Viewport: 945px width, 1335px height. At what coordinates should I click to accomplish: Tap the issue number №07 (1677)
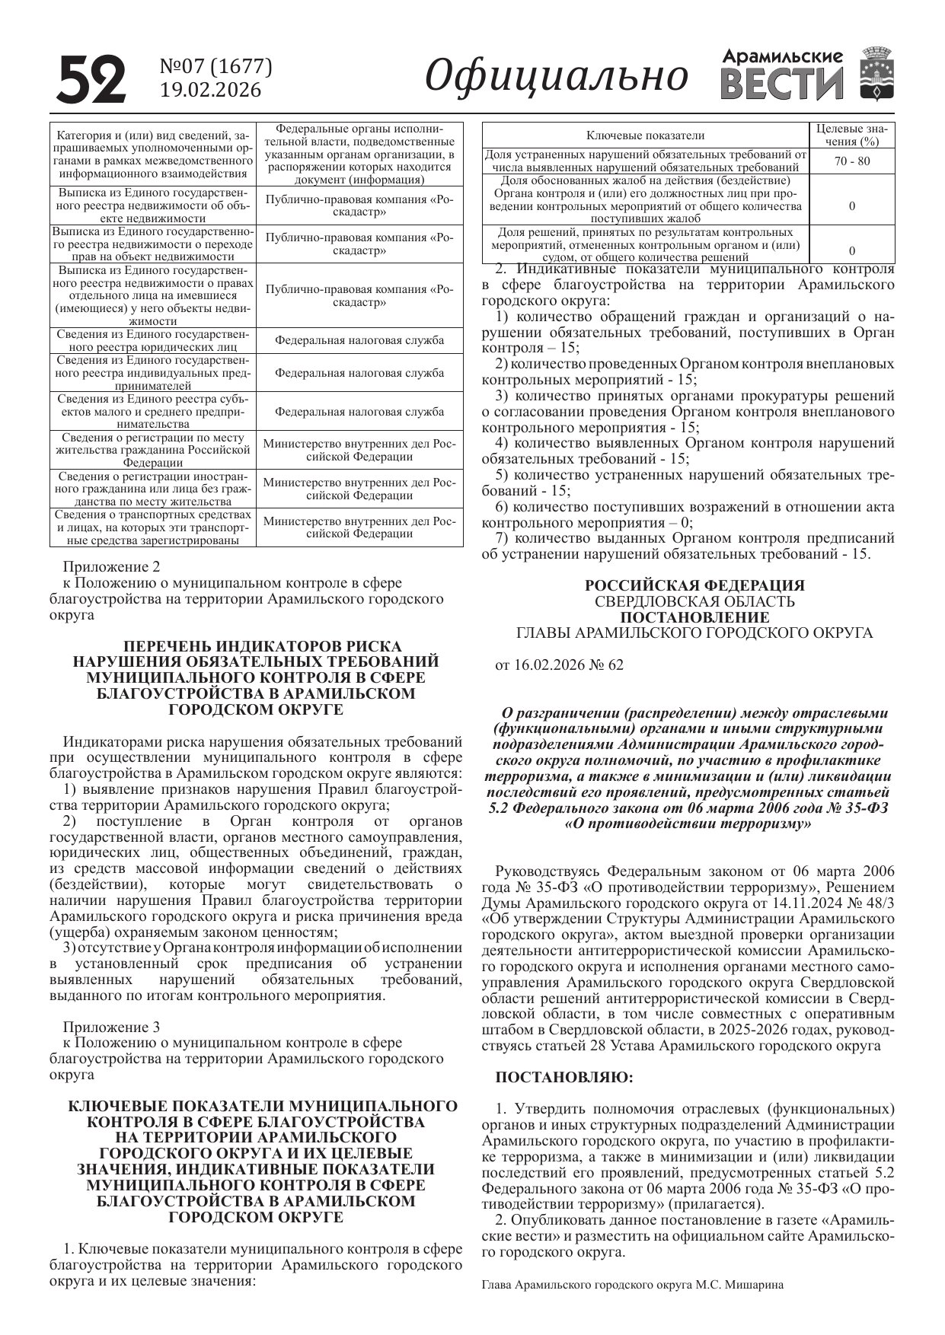coord(215,67)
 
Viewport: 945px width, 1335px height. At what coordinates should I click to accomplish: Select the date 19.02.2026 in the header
coord(210,91)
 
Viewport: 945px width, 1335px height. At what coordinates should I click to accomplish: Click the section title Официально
coord(557,76)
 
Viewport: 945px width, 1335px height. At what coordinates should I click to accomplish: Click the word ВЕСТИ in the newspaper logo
coord(782,84)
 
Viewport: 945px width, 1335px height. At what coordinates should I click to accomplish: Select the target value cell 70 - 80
coord(851,161)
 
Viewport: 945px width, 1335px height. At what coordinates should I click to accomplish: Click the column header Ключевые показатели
coord(645,135)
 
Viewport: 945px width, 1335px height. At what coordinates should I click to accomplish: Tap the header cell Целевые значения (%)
coord(851,135)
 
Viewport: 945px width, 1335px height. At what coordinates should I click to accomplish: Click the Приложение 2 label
coord(112,567)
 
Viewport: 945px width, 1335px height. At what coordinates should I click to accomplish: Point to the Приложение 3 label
coord(112,1027)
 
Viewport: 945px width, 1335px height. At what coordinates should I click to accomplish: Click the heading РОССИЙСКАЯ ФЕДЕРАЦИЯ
coord(694,585)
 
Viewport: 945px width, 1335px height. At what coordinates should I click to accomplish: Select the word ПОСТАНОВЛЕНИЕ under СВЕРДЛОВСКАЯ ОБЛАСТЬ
coord(694,617)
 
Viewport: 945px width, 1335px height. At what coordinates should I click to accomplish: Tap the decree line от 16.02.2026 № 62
coord(559,664)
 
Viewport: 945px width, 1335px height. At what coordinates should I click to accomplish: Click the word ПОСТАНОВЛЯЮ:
coord(563,1077)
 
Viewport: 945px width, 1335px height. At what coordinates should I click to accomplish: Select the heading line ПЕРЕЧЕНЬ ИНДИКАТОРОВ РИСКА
coord(256,646)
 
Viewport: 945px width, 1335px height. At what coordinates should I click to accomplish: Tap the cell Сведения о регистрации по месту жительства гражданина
coord(153,450)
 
